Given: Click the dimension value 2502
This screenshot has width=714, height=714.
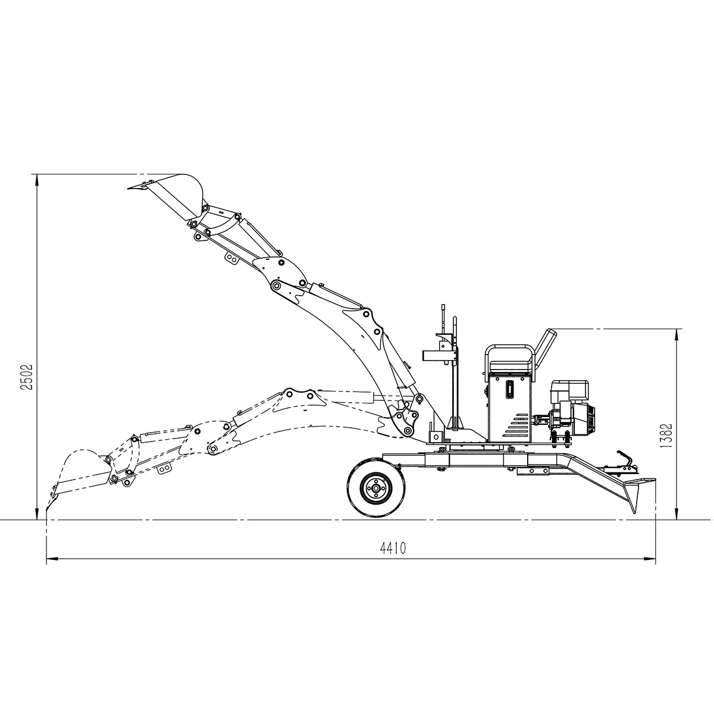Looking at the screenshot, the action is [x=27, y=377].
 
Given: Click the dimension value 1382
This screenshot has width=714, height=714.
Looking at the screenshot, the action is [x=666, y=436].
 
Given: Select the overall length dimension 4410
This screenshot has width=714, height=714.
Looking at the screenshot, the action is [x=393, y=548].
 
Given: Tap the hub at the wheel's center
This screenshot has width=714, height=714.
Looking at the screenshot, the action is [x=376, y=488].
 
